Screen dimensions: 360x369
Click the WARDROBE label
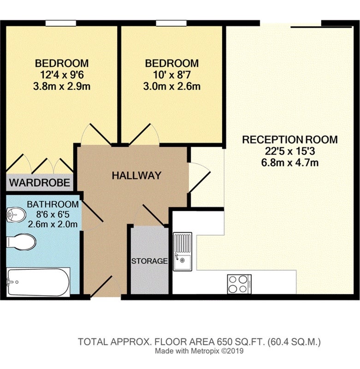pos(40,183)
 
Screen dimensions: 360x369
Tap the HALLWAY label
pos(136,176)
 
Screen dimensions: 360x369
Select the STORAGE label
pos(149,261)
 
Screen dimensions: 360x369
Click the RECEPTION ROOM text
pos(290,140)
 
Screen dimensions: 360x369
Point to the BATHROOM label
pos(53,204)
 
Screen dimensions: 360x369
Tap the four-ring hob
pos(239,284)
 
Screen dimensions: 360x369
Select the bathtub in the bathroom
pos(38,282)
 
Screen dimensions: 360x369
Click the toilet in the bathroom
pos(21,242)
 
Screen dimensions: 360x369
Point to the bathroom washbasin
pos(16,214)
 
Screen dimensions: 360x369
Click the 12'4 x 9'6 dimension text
pos(62,75)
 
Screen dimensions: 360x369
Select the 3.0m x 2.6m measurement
pos(172,87)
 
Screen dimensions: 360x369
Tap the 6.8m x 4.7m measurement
pos(290,163)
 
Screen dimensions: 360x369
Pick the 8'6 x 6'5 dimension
pos(53,214)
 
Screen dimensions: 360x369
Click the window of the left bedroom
pos(61,23)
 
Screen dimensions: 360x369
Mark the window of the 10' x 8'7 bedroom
pos(171,23)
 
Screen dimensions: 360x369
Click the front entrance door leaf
pos(101,286)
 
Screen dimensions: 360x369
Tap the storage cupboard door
pos(153,214)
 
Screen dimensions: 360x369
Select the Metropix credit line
pos(199,351)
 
